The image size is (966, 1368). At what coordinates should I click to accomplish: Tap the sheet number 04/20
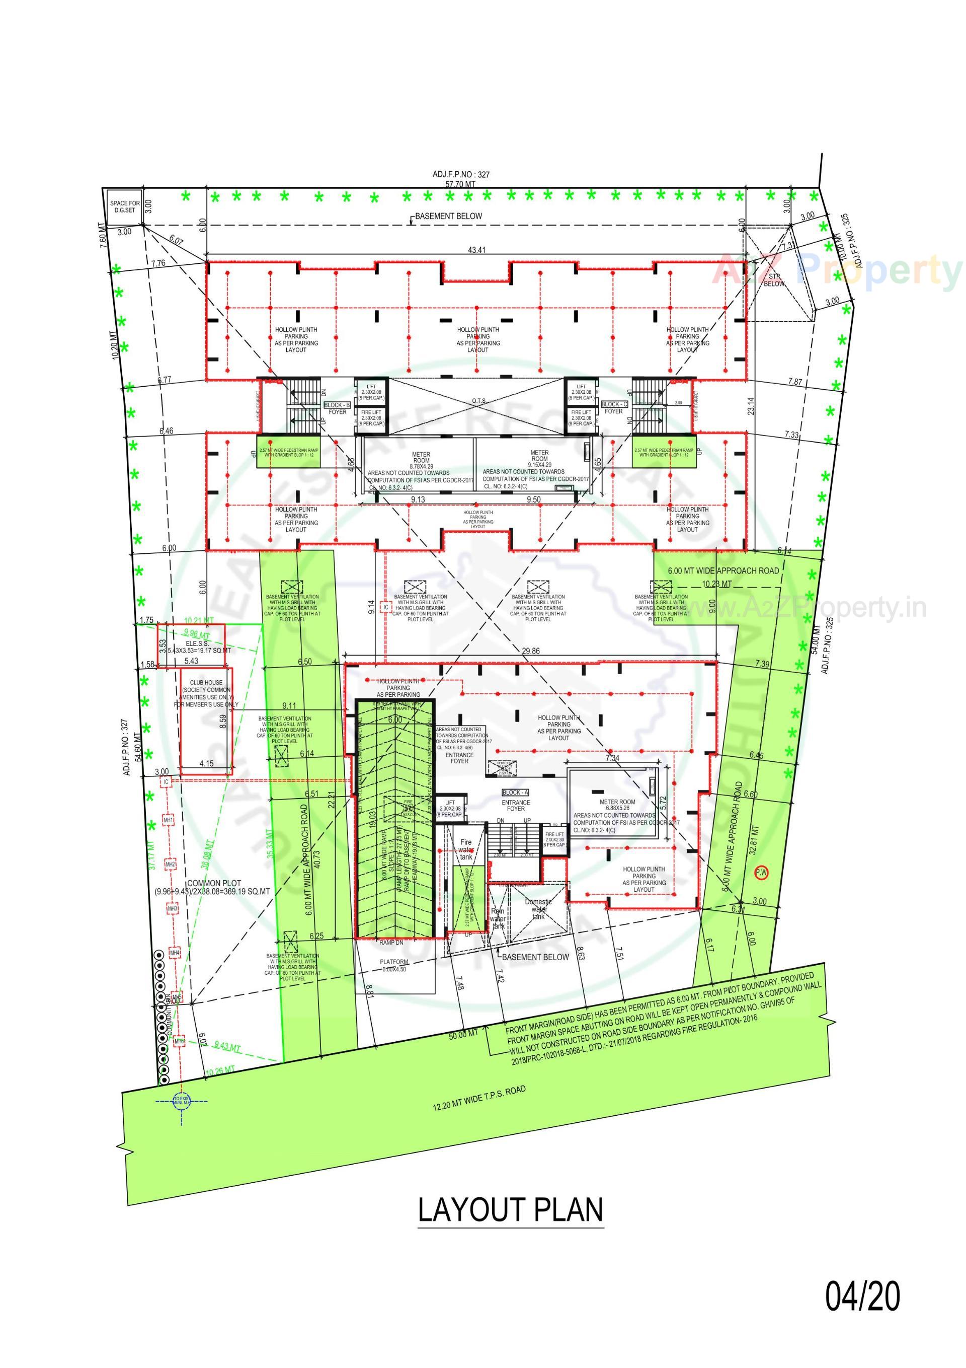pyautogui.click(x=862, y=1293)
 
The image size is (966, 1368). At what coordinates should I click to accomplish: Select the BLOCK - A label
pyautogui.click(x=515, y=793)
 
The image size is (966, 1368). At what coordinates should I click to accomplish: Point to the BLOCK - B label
pyautogui.click(x=337, y=405)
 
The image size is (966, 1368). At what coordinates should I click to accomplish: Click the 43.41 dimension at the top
pyautogui.click(x=476, y=250)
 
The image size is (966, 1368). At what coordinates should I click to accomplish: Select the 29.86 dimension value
pyautogui.click(x=530, y=651)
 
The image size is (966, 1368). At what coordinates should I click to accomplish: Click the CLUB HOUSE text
pyautogui.click(x=206, y=682)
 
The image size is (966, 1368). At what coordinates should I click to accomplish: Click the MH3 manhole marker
pyautogui.click(x=172, y=909)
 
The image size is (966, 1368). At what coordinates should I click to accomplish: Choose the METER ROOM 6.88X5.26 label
pyautogui.click(x=618, y=805)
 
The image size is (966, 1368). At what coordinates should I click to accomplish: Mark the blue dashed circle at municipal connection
pyautogui.click(x=181, y=1100)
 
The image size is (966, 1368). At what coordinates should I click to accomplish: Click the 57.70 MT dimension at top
pyautogui.click(x=461, y=184)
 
